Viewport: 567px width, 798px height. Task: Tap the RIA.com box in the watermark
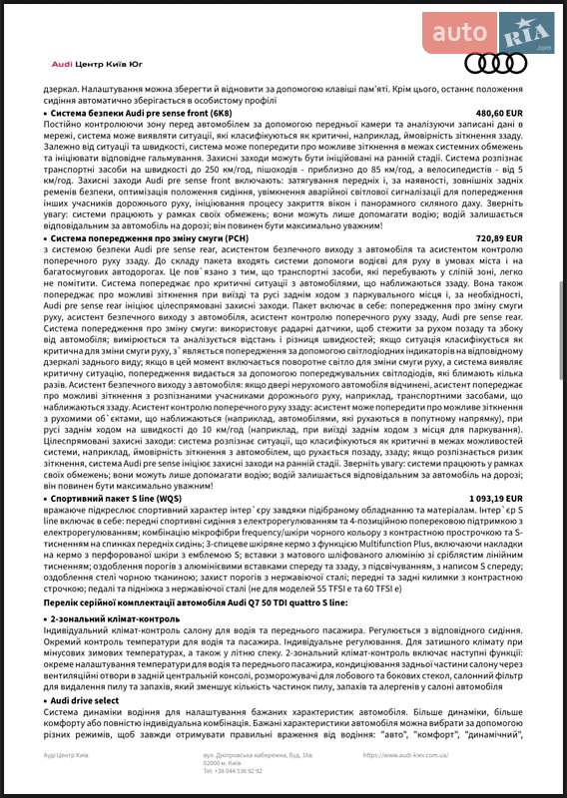[529, 36]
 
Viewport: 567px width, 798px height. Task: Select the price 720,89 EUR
[499, 267]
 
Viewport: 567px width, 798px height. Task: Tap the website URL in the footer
[406, 755]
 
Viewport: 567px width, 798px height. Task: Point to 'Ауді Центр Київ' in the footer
[66, 755]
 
